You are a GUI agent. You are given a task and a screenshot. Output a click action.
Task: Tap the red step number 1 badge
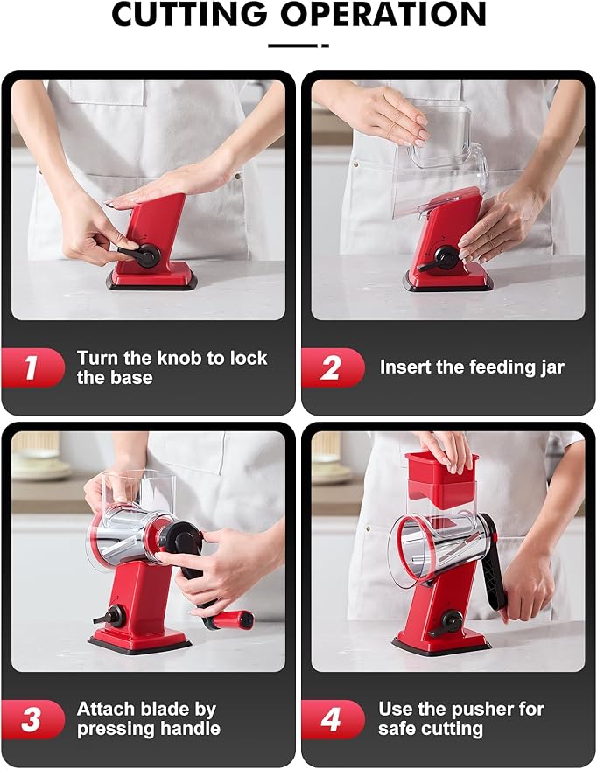(32, 367)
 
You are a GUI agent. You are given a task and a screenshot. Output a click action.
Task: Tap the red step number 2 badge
(332, 367)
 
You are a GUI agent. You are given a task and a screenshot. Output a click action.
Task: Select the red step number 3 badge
(32, 719)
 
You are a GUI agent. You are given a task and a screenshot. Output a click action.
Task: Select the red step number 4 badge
(332, 719)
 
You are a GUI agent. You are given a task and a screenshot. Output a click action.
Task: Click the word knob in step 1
(179, 358)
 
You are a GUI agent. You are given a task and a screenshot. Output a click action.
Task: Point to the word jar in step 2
(549, 367)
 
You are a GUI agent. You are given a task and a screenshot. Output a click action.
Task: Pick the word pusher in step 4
(486, 709)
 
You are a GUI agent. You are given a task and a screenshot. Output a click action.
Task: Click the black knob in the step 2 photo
(446, 257)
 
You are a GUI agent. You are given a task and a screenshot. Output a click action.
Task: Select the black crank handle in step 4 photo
(492, 570)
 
